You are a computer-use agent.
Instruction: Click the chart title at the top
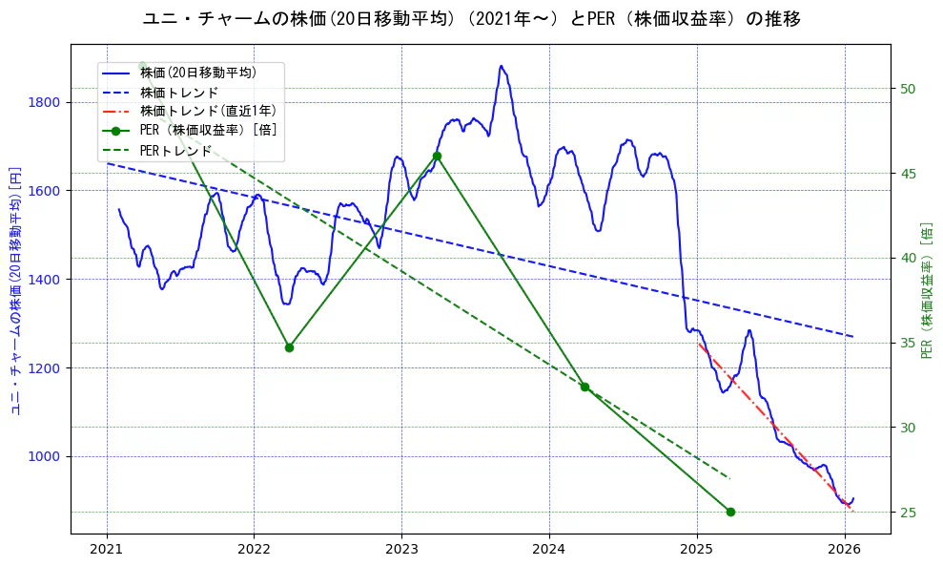pyautogui.click(x=471, y=18)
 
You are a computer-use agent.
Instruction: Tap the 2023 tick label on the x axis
pyautogui.click(x=401, y=551)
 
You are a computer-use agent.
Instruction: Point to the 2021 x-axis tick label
pyautogui.click(x=107, y=551)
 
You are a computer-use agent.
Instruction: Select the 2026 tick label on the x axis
pyautogui.click(x=845, y=551)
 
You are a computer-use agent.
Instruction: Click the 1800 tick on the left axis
pyautogui.click(x=44, y=102)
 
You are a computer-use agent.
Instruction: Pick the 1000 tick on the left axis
pyautogui.click(x=44, y=456)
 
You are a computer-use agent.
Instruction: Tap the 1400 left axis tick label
pyautogui.click(x=44, y=279)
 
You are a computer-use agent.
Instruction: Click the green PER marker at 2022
pyautogui.click(x=289, y=347)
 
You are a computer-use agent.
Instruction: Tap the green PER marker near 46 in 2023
pyautogui.click(x=437, y=156)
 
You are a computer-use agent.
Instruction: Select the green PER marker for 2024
pyautogui.click(x=584, y=387)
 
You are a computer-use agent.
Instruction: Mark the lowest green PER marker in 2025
pyautogui.click(x=730, y=512)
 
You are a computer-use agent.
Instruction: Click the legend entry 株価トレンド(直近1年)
pyautogui.click(x=204, y=112)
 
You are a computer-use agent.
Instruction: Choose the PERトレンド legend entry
pyautogui.click(x=175, y=151)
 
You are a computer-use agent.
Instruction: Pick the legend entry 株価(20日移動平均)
pyautogui.click(x=197, y=73)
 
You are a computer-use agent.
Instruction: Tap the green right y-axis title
pyautogui.click(x=927, y=290)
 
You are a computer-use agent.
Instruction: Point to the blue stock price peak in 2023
pyautogui.click(x=501, y=67)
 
